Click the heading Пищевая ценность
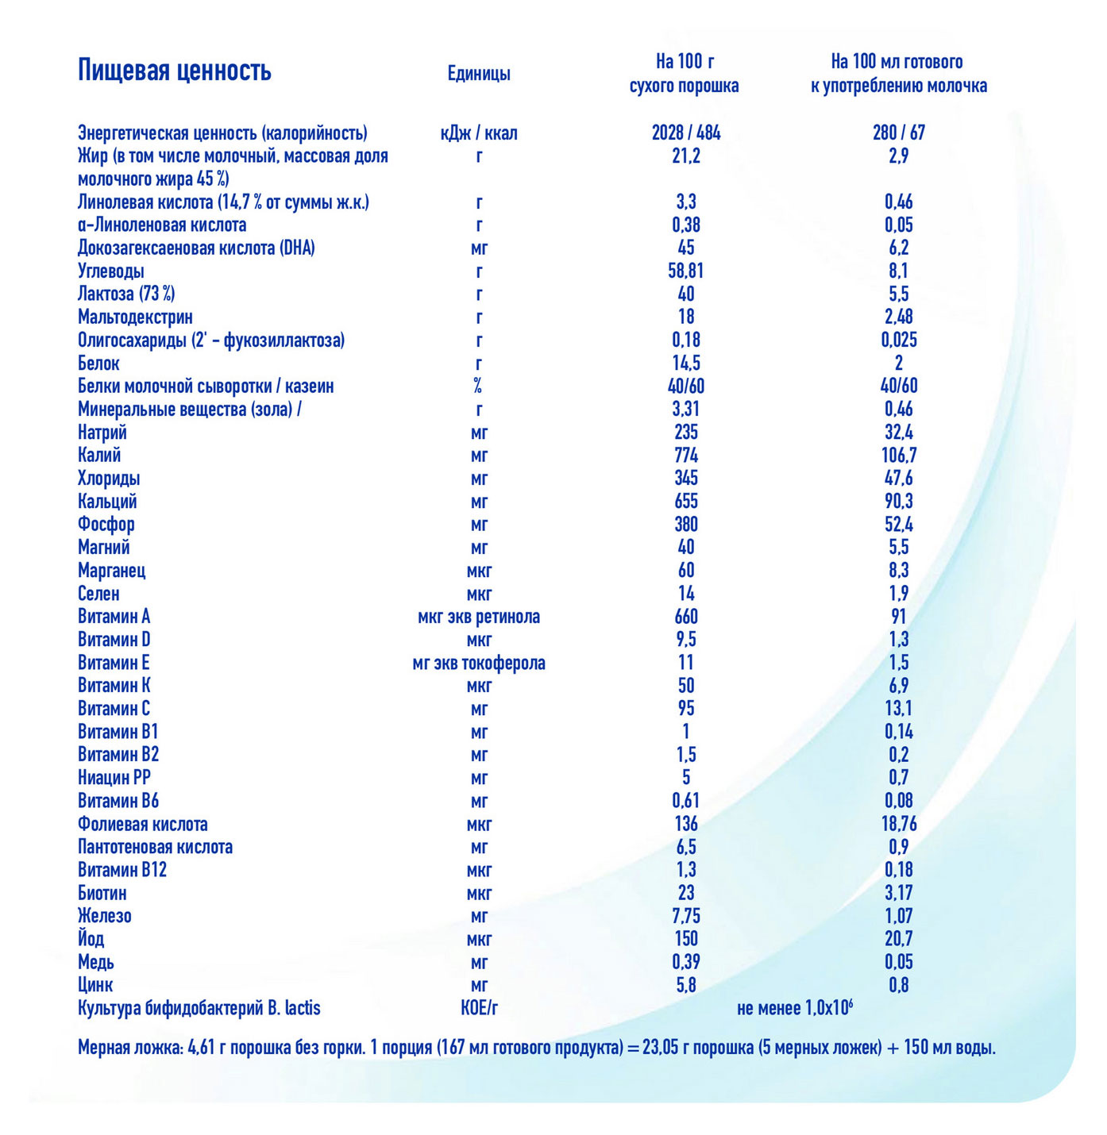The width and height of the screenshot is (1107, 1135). tap(175, 71)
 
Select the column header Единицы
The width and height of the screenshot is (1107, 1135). tap(479, 74)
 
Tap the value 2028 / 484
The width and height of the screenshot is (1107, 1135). tap(685, 133)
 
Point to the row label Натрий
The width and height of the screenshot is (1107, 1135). tap(102, 433)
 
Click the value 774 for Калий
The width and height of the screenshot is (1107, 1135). tap(685, 456)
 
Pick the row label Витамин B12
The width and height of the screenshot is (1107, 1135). tap(122, 870)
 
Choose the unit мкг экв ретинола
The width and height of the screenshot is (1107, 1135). tap(479, 617)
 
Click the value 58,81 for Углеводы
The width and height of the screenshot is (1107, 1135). tap(685, 271)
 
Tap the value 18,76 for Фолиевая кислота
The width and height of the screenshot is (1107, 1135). tap(898, 824)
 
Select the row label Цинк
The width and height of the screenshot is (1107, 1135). tap(95, 985)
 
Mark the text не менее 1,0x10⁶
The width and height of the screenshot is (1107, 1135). tap(794, 1008)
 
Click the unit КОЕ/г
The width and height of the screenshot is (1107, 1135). tap(479, 1008)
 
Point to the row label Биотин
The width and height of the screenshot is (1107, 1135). tap(102, 893)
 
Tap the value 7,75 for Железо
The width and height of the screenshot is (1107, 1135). tap(685, 916)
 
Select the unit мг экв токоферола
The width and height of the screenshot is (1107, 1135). tap(479, 663)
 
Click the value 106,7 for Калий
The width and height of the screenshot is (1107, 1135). tap(898, 456)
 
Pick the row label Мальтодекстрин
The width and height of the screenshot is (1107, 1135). tap(135, 317)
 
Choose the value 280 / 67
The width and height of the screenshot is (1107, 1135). tap(898, 133)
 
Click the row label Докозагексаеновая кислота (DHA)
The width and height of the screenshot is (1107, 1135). tap(196, 248)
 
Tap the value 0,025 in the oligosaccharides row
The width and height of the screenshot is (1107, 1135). tap(898, 340)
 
